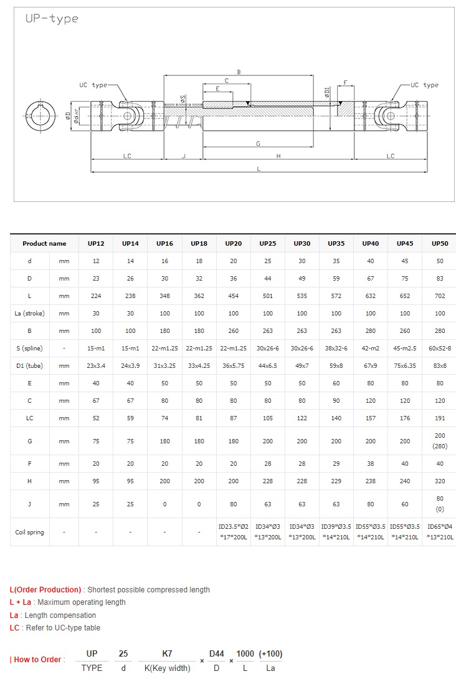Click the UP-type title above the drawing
click(52, 19)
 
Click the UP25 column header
click(267, 243)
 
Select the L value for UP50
click(439, 296)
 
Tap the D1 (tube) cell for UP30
click(302, 365)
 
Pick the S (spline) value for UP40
click(370, 348)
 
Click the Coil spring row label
click(29, 533)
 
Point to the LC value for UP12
click(96, 418)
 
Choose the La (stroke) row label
click(29, 313)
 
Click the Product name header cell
click(44, 243)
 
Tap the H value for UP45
click(405, 481)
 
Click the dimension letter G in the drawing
click(258, 144)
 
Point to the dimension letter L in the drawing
click(259, 169)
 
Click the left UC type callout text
click(93, 85)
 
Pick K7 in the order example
click(167, 653)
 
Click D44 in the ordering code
click(216, 653)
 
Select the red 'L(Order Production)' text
click(45, 589)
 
